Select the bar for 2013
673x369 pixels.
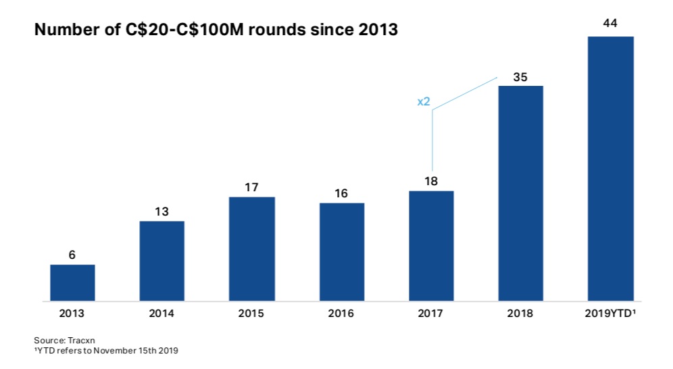(x=72, y=282)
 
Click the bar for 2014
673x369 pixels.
(x=162, y=261)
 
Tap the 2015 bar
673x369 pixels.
(x=252, y=249)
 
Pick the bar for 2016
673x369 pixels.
(x=342, y=251)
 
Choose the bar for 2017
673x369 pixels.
(x=431, y=246)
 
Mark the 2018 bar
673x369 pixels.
(x=520, y=193)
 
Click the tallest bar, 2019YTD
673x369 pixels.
(x=610, y=168)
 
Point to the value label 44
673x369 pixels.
(x=610, y=24)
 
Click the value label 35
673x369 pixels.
(x=520, y=77)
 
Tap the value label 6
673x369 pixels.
(x=72, y=255)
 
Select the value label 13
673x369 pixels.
(x=162, y=212)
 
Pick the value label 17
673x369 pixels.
(x=252, y=187)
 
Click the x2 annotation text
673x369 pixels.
(x=424, y=102)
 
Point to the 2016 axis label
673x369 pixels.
(x=342, y=314)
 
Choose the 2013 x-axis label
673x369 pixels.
(x=72, y=314)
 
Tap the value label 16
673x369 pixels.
(x=342, y=193)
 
